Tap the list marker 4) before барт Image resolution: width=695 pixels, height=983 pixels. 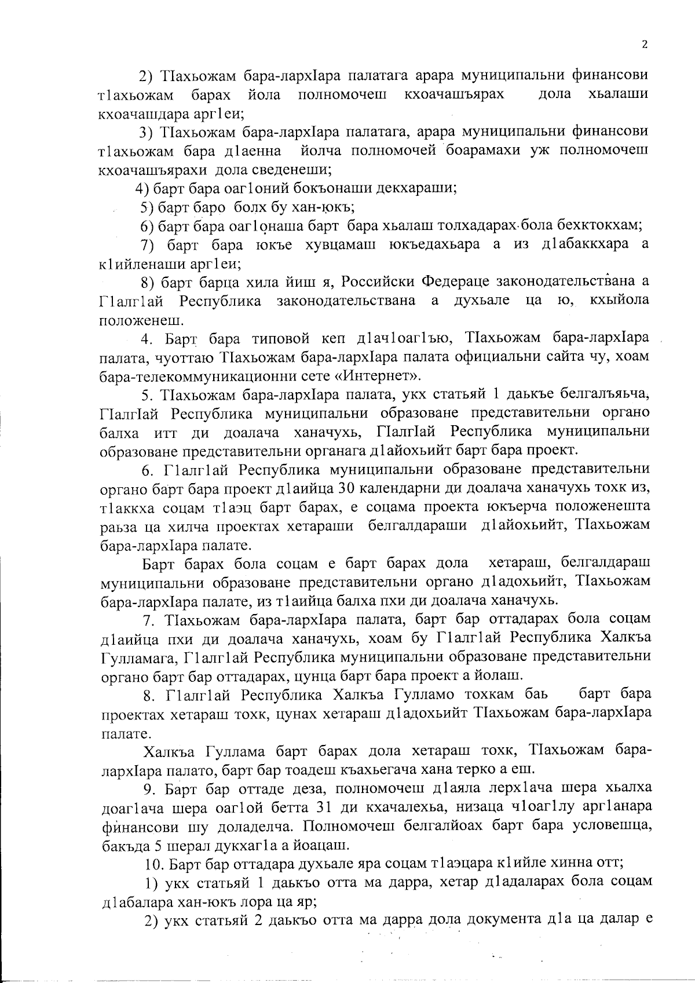144,188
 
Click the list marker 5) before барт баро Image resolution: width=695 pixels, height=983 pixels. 148,207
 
